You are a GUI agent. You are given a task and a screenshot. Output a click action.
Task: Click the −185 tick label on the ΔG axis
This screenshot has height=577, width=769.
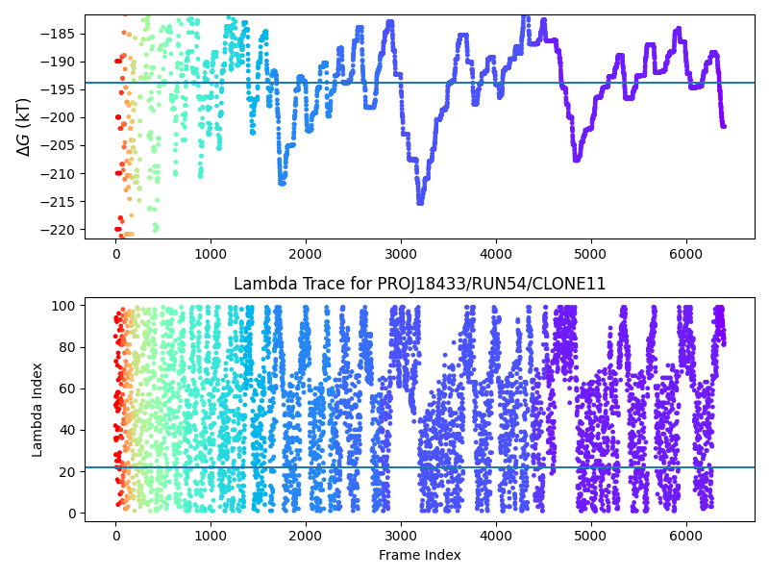point(58,34)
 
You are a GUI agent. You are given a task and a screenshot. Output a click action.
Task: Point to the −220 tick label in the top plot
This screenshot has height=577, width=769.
point(58,230)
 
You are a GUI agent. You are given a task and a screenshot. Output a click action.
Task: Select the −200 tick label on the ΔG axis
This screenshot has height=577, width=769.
point(58,117)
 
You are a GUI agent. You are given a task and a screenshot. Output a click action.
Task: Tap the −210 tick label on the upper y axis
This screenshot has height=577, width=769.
point(58,174)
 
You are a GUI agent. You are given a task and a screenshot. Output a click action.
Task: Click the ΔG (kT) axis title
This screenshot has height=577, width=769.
point(23,127)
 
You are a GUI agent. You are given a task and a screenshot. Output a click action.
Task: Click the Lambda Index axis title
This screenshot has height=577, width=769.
point(37,410)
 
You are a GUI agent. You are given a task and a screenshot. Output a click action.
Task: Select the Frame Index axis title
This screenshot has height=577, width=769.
point(420,555)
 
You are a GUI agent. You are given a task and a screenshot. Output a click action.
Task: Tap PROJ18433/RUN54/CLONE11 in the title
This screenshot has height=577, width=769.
point(491,284)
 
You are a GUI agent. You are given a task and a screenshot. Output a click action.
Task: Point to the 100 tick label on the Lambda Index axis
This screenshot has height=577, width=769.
point(63,306)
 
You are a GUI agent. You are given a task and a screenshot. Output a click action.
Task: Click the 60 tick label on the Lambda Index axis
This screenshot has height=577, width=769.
point(67,389)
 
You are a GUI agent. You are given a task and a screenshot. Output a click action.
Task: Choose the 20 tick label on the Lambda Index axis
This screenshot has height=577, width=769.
point(67,471)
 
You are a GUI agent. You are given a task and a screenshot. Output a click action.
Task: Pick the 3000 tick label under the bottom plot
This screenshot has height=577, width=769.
point(401,536)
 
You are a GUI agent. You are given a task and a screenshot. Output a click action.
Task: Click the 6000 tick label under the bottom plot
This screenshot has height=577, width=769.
point(686,536)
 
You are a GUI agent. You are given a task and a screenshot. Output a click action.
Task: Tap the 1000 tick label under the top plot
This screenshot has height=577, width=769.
point(211,254)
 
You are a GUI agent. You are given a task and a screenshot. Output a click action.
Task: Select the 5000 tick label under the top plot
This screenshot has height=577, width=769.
point(591,254)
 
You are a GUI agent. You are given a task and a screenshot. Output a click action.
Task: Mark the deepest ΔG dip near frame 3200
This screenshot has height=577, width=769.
point(420,202)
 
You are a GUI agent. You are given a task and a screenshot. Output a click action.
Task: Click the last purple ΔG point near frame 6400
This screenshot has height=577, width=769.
point(724,126)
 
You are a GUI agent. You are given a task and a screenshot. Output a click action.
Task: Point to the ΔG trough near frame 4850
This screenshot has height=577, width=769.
point(577,159)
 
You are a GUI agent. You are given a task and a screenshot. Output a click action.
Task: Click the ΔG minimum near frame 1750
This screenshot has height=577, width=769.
point(282,183)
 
